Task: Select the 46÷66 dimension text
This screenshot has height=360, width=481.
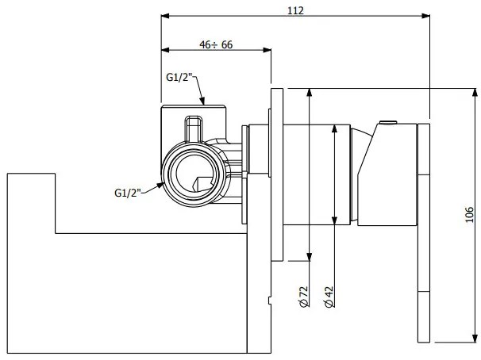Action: click(215, 45)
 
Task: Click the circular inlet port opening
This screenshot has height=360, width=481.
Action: click(191, 174)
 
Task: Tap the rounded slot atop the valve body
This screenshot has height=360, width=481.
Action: click(193, 127)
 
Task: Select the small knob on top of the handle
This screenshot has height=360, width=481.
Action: click(388, 123)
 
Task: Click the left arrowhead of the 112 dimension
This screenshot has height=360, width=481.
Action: click(164, 15)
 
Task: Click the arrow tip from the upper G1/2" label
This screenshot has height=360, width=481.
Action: click(204, 103)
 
